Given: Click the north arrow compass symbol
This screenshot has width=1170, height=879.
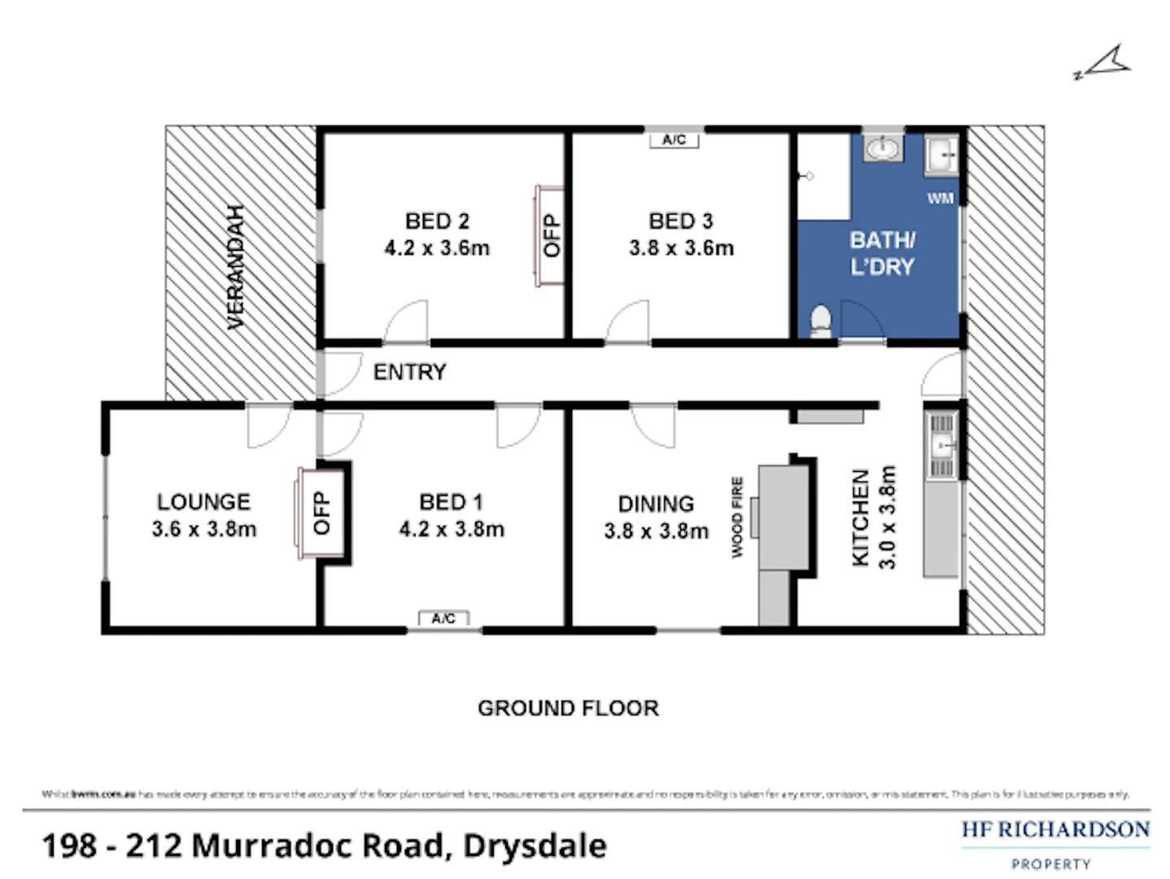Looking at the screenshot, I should point(1105,63).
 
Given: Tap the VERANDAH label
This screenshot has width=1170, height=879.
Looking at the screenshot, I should point(236,267).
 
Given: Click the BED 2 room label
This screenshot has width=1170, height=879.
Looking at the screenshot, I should point(437,221).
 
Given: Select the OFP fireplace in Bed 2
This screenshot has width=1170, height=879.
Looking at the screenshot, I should point(551,235).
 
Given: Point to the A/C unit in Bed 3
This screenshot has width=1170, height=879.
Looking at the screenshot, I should point(674,140).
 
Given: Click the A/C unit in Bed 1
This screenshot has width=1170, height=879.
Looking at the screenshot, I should point(443,619).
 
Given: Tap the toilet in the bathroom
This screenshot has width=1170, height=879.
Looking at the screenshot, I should point(821,321).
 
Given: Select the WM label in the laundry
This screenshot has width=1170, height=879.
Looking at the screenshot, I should point(940,199).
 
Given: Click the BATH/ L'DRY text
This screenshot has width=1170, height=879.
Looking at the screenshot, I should point(882,253).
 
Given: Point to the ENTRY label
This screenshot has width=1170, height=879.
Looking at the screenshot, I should point(409,372).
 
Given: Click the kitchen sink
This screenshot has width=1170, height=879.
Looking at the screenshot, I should point(942,445).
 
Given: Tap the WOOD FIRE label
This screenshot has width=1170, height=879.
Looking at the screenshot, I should point(737,518).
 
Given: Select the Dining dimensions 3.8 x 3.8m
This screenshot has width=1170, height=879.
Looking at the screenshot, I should point(656,531).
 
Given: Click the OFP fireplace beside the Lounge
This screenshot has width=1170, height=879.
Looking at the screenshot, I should point(321,514).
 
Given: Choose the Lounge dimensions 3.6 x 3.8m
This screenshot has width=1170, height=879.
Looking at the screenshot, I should point(203,529).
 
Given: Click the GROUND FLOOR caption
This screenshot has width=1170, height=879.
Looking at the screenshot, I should point(568,708).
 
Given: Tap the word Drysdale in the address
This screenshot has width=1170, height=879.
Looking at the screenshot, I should point(535,846).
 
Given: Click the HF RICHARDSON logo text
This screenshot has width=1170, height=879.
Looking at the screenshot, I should point(1055,830).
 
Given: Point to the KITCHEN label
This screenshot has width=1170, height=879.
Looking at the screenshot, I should point(860,518).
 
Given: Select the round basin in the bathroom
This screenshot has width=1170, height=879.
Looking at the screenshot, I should point(882,149).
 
